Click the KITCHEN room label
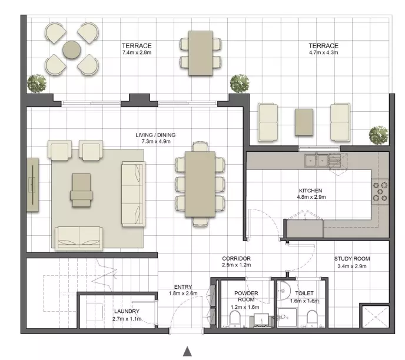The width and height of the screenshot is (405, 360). [x=310, y=191]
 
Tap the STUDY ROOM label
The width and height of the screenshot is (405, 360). [x=352, y=259]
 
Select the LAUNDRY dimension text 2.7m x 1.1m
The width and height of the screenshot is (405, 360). [x=127, y=319]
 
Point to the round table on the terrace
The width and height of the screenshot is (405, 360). [x=72, y=49]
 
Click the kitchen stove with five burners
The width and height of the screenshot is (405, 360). [x=380, y=192]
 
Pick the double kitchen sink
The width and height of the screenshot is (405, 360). [x=316, y=160]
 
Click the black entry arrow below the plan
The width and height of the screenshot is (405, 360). [x=188, y=352]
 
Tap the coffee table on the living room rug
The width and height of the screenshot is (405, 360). [x=81, y=190]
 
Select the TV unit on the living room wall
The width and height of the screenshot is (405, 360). [x=32, y=185]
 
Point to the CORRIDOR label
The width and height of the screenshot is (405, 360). [x=236, y=259]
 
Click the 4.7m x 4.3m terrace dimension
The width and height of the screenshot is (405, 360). [x=323, y=52]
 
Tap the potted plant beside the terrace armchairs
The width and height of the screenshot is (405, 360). [x=36, y=84]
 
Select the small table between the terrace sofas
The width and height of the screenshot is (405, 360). [x=304, y=122]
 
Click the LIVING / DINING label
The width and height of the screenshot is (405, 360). [x=155, y=135]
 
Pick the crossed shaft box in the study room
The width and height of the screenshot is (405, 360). [x=376, y=316]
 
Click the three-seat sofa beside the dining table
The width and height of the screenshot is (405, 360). [x=133, y=194]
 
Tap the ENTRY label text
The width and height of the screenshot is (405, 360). [x=183, y=287]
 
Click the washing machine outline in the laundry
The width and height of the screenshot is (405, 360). [x=94, y=312]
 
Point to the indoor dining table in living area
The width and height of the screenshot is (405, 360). [x=200, y=184]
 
